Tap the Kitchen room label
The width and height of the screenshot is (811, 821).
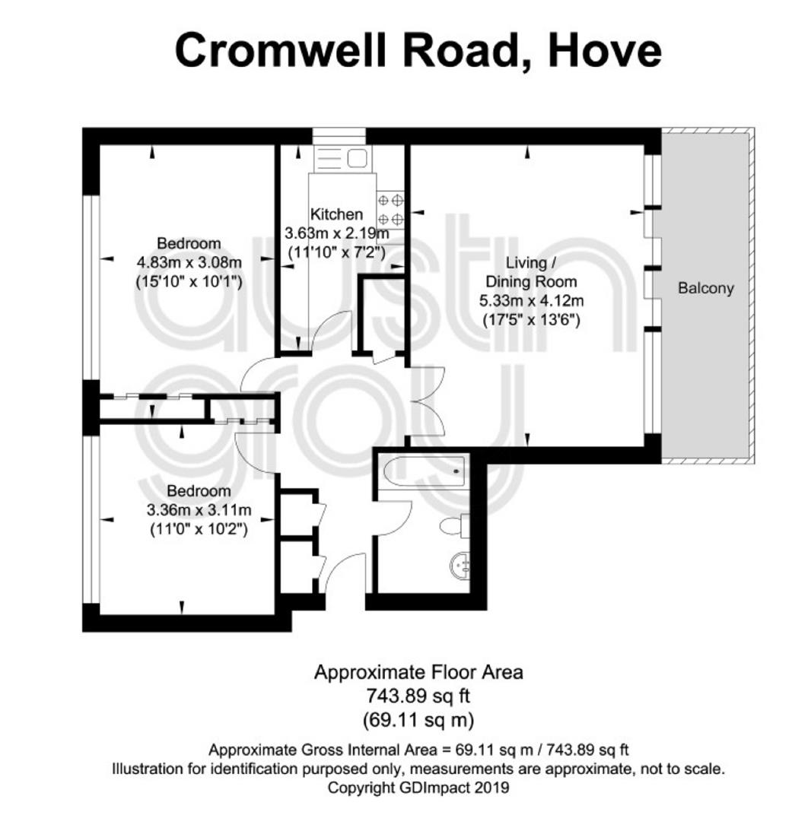tap(336, 214)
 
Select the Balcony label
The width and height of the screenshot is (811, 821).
tap(706, 288)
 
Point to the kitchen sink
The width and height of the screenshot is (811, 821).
tap(342, 157)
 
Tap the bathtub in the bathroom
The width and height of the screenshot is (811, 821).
tap(424, 471)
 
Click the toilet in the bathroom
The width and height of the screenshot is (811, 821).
tap(454, 526)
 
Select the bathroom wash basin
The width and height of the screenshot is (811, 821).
tap(460, 566)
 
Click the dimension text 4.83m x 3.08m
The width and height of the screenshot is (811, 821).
tap(189, 262)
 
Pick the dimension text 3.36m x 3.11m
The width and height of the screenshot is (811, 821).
tap(199, 509)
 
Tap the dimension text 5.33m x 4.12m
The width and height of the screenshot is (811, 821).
tap(531, 300)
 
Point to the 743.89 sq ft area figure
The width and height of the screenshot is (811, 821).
tap(418, 696)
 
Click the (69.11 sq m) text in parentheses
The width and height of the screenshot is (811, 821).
tap(418, 720)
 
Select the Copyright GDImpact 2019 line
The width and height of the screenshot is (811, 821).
tap(418, 788)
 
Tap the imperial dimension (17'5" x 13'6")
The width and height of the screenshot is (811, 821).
tap(531, 319)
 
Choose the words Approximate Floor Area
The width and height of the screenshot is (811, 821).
tap(418, 672)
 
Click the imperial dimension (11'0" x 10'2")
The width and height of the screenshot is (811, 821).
tap(199, 529)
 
